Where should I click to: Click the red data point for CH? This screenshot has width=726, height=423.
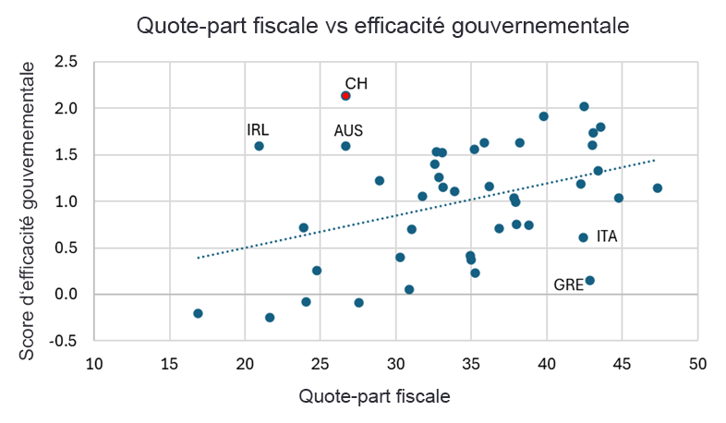tap(345, 95)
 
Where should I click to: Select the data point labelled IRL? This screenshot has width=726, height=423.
tap(260, 146)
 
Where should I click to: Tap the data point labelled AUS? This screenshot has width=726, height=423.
tap(345, 146)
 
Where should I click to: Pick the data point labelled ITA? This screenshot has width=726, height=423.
tap(583, 237)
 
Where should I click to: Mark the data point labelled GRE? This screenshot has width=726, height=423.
tap(590, 281)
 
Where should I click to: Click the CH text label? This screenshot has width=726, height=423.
tap(357, 83)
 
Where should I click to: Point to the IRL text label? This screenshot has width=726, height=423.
tap(258, 129)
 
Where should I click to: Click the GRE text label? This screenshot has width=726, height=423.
tap(568, 285)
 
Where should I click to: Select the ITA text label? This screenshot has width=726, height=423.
tap(607, 236)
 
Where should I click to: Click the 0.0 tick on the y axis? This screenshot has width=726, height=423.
tap(67, 295)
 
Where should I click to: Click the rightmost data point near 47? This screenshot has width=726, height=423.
tap(658, 188)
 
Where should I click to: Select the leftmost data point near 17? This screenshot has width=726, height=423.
tap(198, 313)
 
